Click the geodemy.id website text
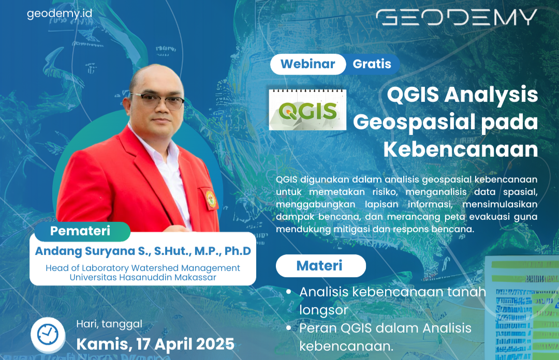click(60, 14)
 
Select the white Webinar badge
click(307, 64)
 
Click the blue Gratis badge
click(372, 64)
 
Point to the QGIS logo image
click(307, 110)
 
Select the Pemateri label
click(80, 231)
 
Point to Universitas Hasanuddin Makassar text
click(143, 277)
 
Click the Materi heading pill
click(319, 266)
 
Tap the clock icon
click(48, 335)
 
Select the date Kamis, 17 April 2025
click(155, 344)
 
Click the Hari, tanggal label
click(109, 324)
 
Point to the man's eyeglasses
click(157, 100)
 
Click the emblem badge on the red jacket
click(211, 199)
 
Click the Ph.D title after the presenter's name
click(239, 251)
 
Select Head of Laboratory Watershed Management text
click(143, 268)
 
